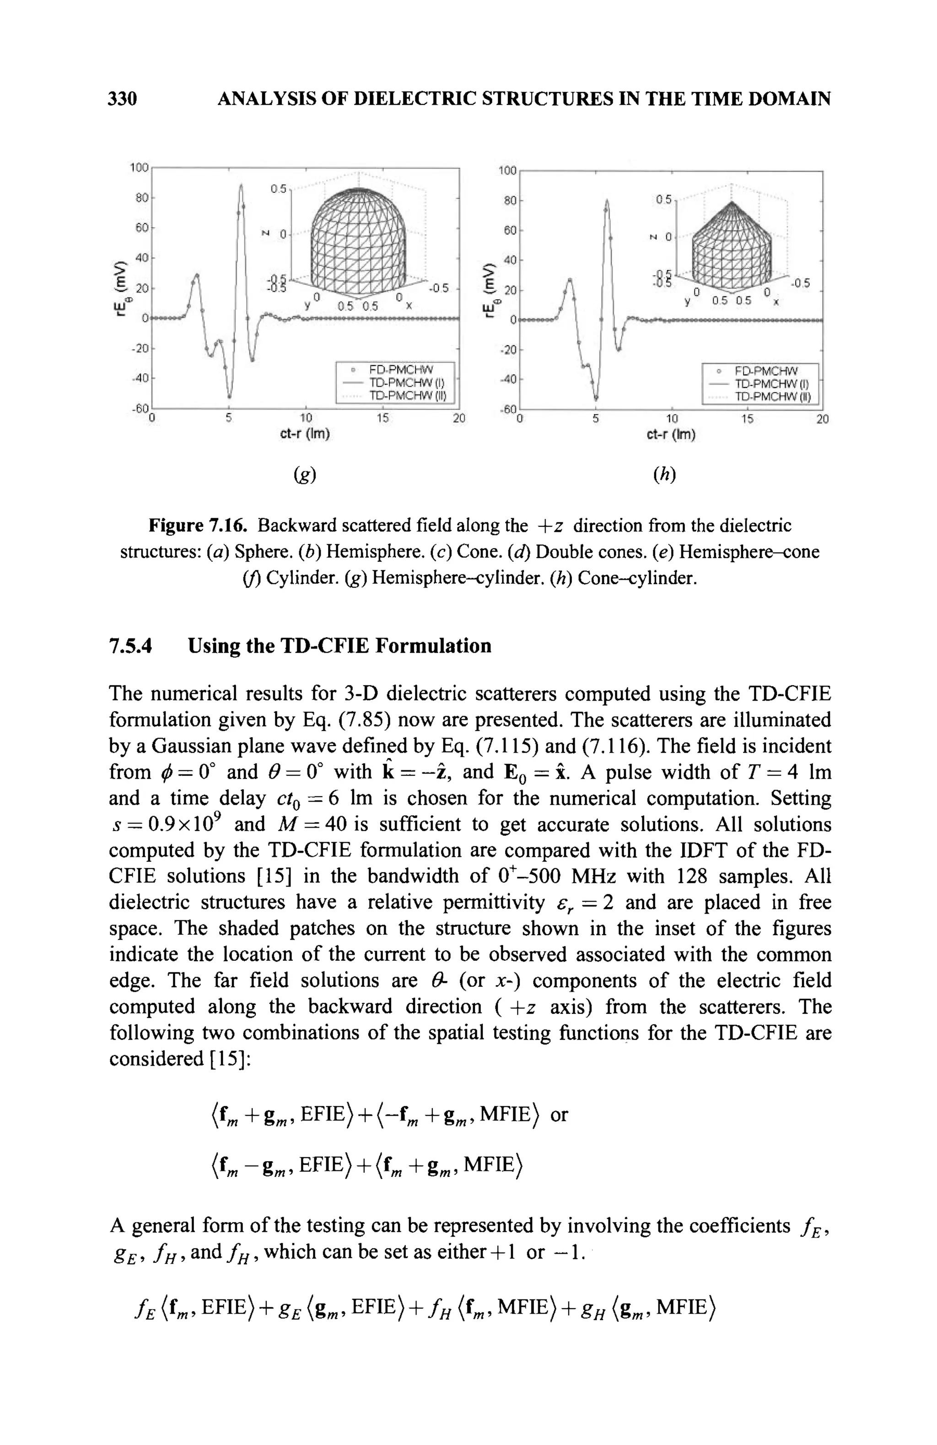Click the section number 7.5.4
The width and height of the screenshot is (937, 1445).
coord(130,645)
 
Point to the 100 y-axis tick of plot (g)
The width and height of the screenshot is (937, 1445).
coord(139,167)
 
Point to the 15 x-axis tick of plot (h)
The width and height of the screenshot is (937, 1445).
coord(747,419)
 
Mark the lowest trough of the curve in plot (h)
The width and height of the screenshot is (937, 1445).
coord(597,398)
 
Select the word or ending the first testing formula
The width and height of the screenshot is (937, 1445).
coord(558,1115)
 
